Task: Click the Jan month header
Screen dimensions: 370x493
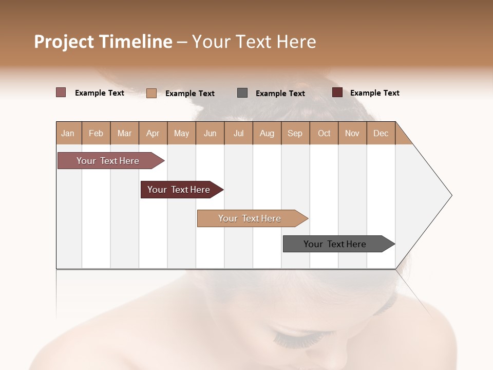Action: pos(68,133)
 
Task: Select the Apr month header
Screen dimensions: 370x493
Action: pos(153,133)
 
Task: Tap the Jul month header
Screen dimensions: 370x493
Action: pos(238,133)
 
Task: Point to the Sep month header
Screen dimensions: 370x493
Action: pos(295,133)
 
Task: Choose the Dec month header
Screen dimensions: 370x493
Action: pos(381,133)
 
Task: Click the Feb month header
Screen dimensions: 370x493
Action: pos(96,133)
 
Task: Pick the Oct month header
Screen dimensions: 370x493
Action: pos(324,133)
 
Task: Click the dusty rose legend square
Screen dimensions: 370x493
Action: pos(61,92)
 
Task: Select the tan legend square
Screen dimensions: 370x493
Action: pos(151,93)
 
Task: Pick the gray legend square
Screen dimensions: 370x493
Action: pos(242,92)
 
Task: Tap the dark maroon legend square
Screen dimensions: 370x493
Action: pos(337,92)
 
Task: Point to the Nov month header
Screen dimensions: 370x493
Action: pos(352,133)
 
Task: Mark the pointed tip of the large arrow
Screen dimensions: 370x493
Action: pos(451,195)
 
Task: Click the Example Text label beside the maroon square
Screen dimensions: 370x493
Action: pos(374,93)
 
